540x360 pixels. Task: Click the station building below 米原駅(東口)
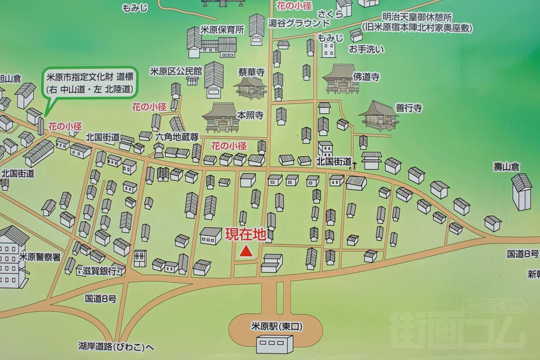click(x=274, y=344)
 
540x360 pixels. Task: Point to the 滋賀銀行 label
click(x=100, y=271)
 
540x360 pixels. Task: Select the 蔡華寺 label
click(x=251, y=73)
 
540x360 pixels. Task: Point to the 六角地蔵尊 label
click(x=177, y=137)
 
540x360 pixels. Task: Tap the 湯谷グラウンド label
click(x=299, y=23)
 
